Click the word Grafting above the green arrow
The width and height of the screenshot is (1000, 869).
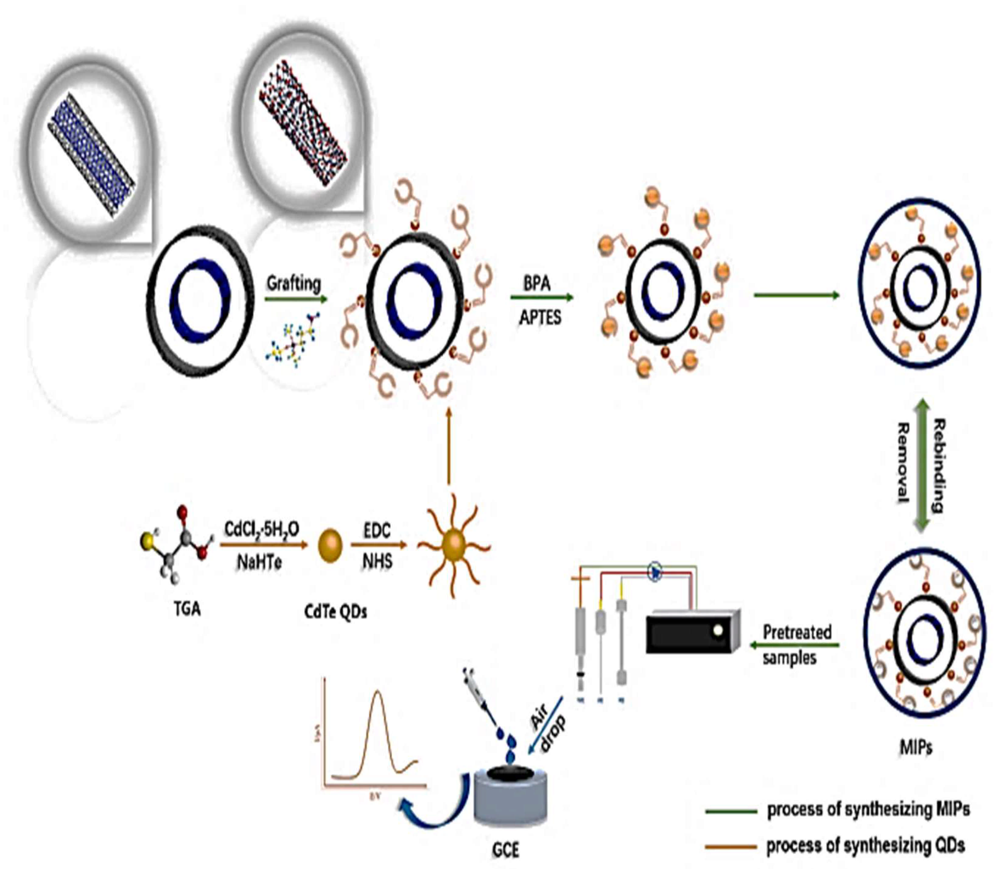coord(293,283)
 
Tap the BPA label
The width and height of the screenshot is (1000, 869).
coord(537,283)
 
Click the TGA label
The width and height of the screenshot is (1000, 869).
coord(187,608)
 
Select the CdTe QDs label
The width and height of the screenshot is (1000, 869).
coord(335,612)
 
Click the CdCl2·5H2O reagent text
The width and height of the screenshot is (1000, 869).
coord(261,529)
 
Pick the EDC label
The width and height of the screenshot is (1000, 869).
coord(377,530)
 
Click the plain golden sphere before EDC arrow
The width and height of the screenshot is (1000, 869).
coord(330,546)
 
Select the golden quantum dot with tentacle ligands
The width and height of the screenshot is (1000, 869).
coord(454,545)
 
